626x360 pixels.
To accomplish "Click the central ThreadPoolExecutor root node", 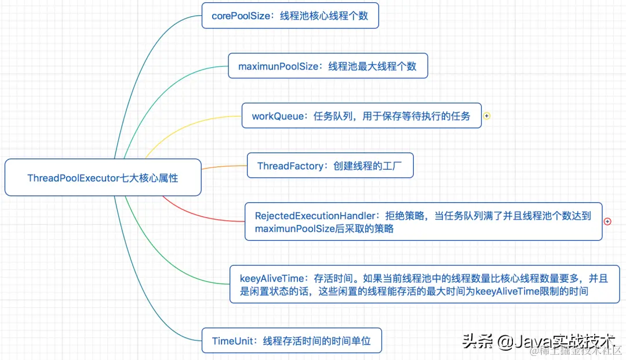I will (103, 177).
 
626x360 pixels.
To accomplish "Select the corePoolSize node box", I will (290, 16).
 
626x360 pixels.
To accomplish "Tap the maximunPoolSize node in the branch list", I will (327, 66).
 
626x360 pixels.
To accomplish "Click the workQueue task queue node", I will (361, 116).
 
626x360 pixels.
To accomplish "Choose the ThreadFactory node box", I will (330, 166).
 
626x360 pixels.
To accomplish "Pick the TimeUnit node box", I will (292, 341).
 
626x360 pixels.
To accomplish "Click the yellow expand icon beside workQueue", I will (487, 116).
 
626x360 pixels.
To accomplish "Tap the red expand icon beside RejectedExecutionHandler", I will (607, 221).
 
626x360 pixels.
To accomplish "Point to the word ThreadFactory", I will (290, 166).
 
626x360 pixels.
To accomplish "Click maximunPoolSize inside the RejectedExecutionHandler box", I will (295, 229).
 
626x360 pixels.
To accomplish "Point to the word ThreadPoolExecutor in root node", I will (73, 178).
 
